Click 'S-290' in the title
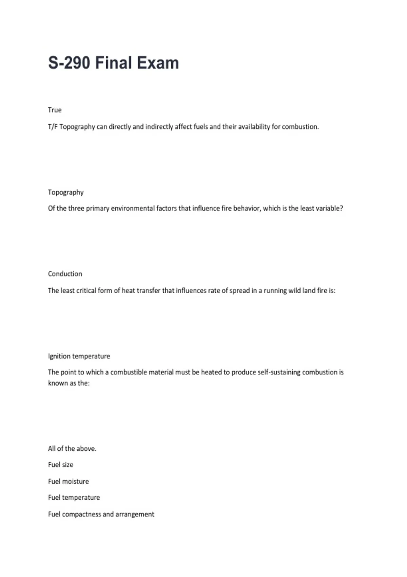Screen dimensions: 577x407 pos(69,63)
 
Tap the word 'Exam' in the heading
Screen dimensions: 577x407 pos(158,63)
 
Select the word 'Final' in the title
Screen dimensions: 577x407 pos(113,63)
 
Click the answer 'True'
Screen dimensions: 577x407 pos(55,110)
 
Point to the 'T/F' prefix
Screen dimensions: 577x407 pos(53,127)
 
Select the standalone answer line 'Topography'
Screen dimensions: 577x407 pos(66,192)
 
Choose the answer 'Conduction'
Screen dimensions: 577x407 pos(65,274)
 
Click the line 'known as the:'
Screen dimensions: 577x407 pos(69,383)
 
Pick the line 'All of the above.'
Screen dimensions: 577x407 pos(72,449)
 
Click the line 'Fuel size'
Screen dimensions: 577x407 pos(61,465)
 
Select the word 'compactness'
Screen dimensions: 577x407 pos(81,515)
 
